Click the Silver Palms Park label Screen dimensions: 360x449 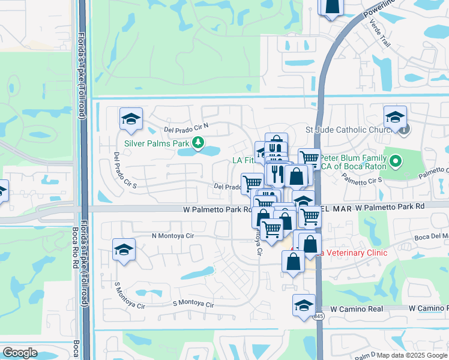pos(157,143)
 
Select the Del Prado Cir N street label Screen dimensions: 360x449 pos(185,127)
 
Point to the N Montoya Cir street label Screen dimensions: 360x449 pos(172,236)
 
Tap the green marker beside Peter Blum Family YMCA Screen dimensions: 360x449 pos(395,161)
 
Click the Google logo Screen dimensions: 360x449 pos(19,353)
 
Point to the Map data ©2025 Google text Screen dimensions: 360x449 pos(412,355)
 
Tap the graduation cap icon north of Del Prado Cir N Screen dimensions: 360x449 pos(131,119)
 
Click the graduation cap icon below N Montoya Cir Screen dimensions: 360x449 pos(124,249)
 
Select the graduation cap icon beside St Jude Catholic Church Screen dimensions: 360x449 pos(395,116)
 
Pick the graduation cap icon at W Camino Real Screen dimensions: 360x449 pos(304,305)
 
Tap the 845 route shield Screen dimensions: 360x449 pos(318,316)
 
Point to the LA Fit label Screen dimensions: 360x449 pos(243,160)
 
